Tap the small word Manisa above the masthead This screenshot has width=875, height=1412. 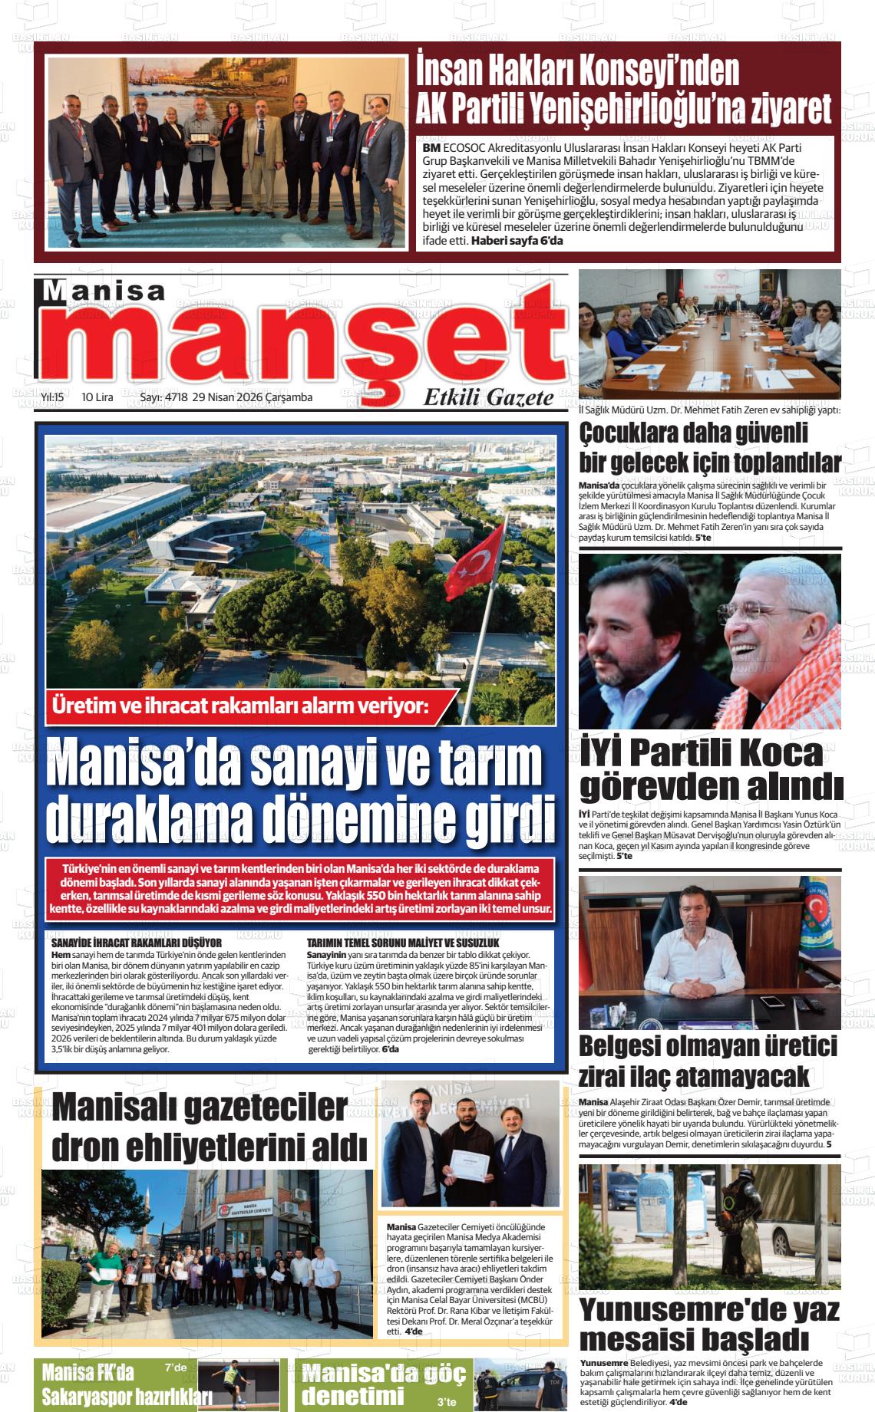[104, 291]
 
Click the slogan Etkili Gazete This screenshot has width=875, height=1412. [488, 397]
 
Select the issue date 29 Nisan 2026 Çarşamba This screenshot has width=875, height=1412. [253, 397]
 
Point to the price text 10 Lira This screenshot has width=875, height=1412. [97, 397]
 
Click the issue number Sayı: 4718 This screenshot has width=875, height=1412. [163, 397]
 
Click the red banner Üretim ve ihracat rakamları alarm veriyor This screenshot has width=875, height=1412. [240, 706]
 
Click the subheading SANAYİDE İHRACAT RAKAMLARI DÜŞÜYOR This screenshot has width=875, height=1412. [136, 942]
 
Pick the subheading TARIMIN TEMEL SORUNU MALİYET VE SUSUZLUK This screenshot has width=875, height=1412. [403, 942]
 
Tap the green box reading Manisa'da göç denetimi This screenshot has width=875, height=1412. [381, 1385]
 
